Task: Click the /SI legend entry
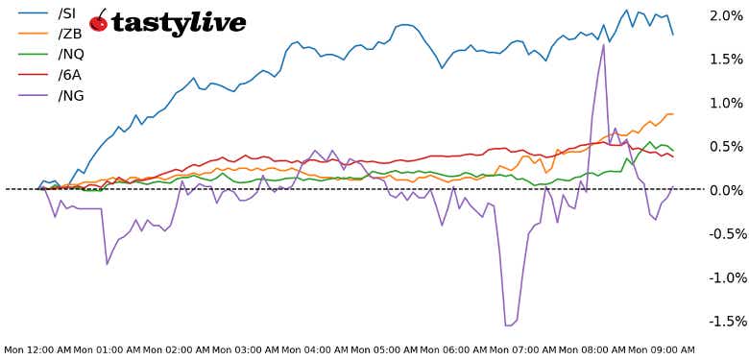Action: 66,12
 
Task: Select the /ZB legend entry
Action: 68,34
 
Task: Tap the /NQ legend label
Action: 70,54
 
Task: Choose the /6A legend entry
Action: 69,74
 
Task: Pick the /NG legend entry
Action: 70,95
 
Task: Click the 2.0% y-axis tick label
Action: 726,15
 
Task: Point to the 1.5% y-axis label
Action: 726,60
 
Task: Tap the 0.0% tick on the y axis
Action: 726,190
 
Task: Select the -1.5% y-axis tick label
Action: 723,321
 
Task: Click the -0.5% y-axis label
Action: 723,233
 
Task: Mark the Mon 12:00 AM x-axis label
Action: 36,350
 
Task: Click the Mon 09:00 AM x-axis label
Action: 660,350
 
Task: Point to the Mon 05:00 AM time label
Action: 383,350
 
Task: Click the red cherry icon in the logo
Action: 98,21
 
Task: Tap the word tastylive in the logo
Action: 179,23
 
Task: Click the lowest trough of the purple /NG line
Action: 508,325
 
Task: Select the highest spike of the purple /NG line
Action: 603,44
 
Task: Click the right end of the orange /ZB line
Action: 672,114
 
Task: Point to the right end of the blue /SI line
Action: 672,35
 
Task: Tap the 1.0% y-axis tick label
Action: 726,103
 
